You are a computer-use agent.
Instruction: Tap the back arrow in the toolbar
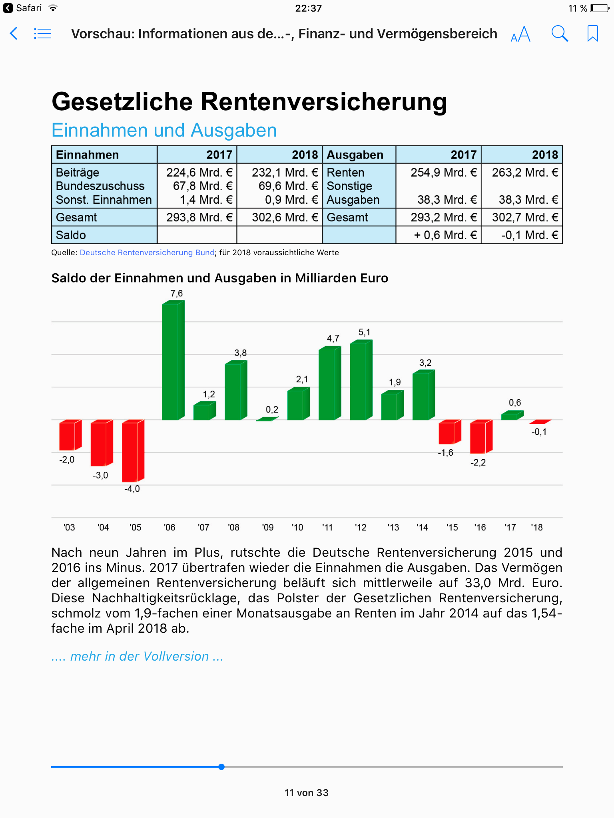click(x=14, y=34)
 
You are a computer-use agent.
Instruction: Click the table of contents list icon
click(x=42, y=34)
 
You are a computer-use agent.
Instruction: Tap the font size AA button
click(x=520, y=34)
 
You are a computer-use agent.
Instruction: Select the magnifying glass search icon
click(x=559, y=34)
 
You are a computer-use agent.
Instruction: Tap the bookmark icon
click(x=592, y=34)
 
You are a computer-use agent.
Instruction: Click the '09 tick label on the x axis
click(x=268, y=527)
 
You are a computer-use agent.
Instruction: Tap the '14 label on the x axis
click(x=422, y=527)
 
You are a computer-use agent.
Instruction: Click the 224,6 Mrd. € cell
click(x=199, y=173)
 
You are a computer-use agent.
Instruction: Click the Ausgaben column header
click(x=355, y=155)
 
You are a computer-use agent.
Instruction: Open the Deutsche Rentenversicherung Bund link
click(x=147, y=252)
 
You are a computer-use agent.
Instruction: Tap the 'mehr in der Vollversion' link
click(x=137, y=656)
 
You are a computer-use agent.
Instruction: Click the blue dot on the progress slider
click(x=221, y=767)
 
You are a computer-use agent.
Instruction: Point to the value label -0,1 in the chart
click(x=539, y=432)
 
